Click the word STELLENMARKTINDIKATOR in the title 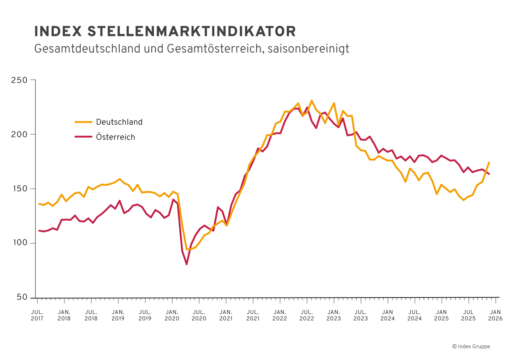(191, 31)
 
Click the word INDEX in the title (58, 31)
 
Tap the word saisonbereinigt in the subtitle (308, 49)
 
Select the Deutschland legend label (119, 122)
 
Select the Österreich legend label (115, 137)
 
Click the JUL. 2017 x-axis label (37, 315)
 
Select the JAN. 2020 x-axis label (172, 315)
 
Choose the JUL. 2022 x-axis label (307, 315)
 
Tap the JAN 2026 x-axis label (495, 315)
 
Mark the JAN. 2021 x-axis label (226, 315)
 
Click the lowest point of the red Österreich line (187, 264)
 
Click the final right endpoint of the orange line (489, 162)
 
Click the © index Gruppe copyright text (471, 346)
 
